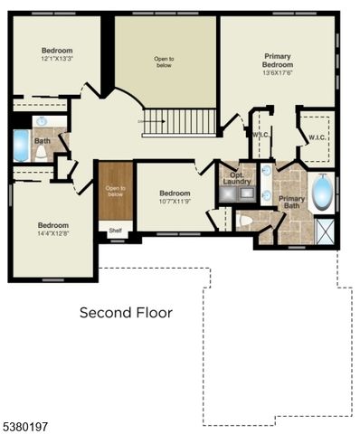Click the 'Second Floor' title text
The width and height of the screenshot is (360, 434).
click(126, 313)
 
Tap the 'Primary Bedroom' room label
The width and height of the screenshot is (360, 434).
click(278, 60)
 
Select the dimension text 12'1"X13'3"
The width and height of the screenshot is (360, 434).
click(56, 60)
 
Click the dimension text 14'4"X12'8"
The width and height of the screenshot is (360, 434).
click(52, 233)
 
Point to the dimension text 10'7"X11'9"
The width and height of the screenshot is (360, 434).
click(175, 202)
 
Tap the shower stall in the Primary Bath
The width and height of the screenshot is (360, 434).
click(325, 231)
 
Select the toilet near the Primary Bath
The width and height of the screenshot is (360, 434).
click(244, 221)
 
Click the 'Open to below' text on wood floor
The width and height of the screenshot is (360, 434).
click(115, 191)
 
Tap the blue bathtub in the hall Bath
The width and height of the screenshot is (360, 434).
click(20, 145)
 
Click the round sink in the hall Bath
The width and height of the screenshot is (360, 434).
click(42, 120)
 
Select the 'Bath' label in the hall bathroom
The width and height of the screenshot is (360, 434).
click(43, 141)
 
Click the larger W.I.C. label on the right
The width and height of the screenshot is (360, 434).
click(317, 137)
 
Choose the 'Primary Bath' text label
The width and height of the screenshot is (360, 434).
click(291, 203)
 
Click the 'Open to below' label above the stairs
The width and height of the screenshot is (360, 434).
click(163, 62)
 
